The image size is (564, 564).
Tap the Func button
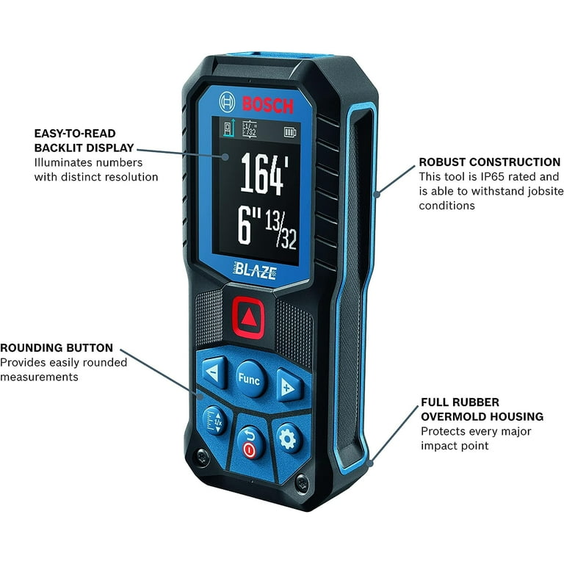pos(250,379)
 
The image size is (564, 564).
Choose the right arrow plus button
pos(289,386)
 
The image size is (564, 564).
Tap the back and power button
pos(250,443)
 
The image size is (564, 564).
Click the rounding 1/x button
pos(214,421)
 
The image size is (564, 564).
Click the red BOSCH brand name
pos(267,105)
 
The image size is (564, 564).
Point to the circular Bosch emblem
pos(227,102)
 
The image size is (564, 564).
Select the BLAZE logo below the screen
pos(255,271)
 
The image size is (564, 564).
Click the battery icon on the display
pos(290,132)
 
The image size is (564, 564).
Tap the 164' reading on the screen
pos(264,174)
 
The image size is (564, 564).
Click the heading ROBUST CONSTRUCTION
pos(490,162)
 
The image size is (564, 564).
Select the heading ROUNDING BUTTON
pos(57,348)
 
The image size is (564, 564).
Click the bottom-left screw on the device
pos(200,457)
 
